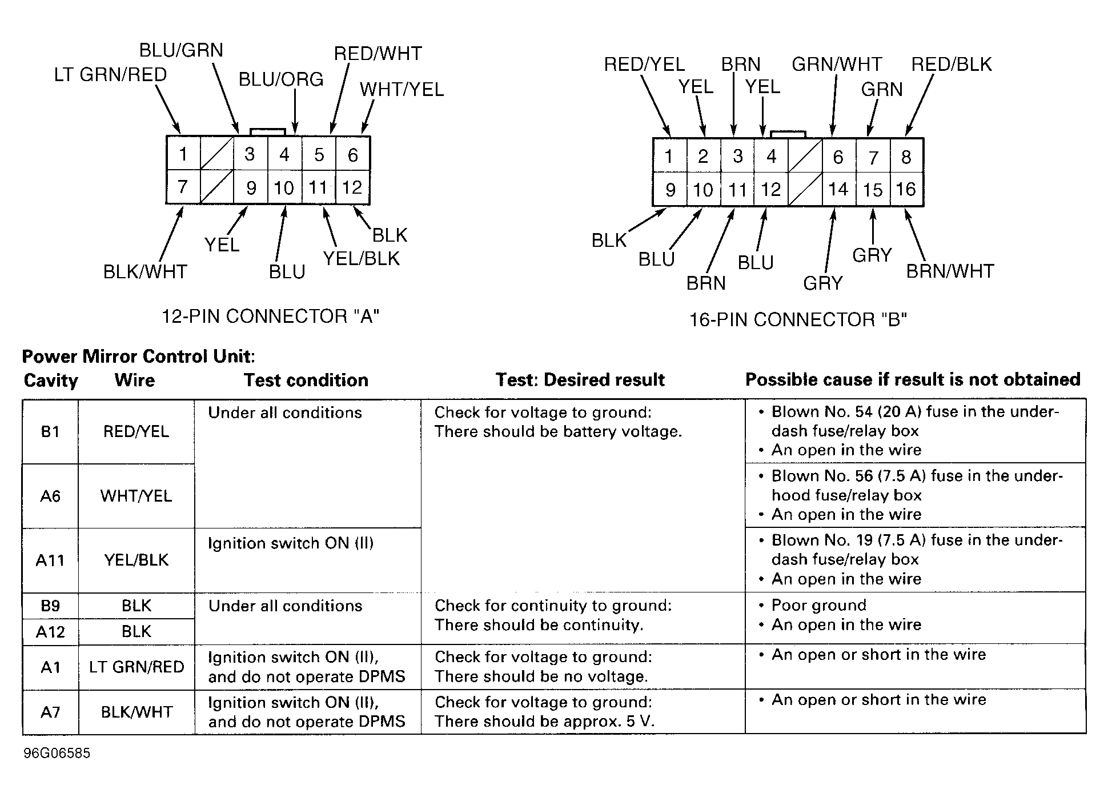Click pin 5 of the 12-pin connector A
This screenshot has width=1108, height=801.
point(319,154)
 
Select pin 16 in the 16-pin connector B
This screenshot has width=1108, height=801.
point(906,189)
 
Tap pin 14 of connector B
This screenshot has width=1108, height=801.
point(838,189)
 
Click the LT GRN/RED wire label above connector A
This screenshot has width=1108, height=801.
point(110,75)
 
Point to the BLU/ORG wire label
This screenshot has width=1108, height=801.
point(281,79)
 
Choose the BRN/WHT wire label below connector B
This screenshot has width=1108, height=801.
point(950,271)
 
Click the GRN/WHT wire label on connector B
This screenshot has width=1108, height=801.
point(837,64)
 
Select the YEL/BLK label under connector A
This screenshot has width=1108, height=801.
point(362,259)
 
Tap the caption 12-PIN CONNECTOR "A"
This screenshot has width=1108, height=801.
point(271,316)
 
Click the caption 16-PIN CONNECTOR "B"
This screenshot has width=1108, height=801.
point(798,319)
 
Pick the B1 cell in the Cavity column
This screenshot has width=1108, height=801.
point(50,431)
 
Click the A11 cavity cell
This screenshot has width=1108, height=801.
point(50,560)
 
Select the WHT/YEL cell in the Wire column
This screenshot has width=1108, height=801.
point(136,495)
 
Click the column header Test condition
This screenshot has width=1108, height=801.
point(306,380)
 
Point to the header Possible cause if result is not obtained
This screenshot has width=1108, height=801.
point(913,379)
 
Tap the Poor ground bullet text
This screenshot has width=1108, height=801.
point(818,605)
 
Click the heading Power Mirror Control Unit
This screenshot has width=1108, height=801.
point(138,357)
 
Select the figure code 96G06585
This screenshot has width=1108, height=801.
point(57,753)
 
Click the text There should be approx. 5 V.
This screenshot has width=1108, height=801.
point(544,721)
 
